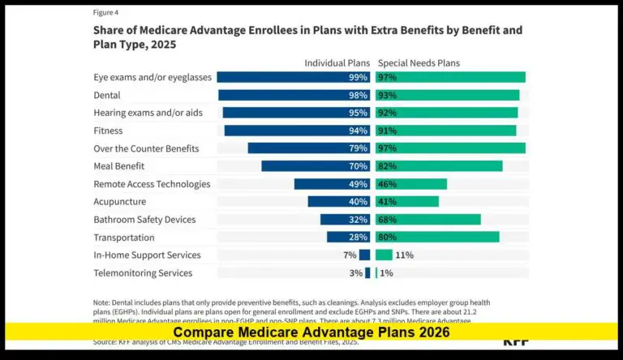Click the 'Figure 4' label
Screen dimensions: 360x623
pos(106,13)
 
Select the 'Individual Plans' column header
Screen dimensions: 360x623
pos(337,62)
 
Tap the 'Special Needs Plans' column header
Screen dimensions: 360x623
pos(418,62)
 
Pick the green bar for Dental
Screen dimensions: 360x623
pos(447,95)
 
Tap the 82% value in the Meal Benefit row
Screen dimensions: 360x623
pos(388,166)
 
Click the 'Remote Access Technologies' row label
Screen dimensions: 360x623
pos(152,184)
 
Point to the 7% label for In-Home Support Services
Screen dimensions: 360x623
pos(350,255)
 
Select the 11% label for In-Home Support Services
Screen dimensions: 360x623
pos(404,255)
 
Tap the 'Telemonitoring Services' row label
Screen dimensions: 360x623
pos(143,273)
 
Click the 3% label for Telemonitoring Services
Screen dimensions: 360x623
pos(355,273)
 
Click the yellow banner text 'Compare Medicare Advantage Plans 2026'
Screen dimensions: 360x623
pos(311,332)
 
